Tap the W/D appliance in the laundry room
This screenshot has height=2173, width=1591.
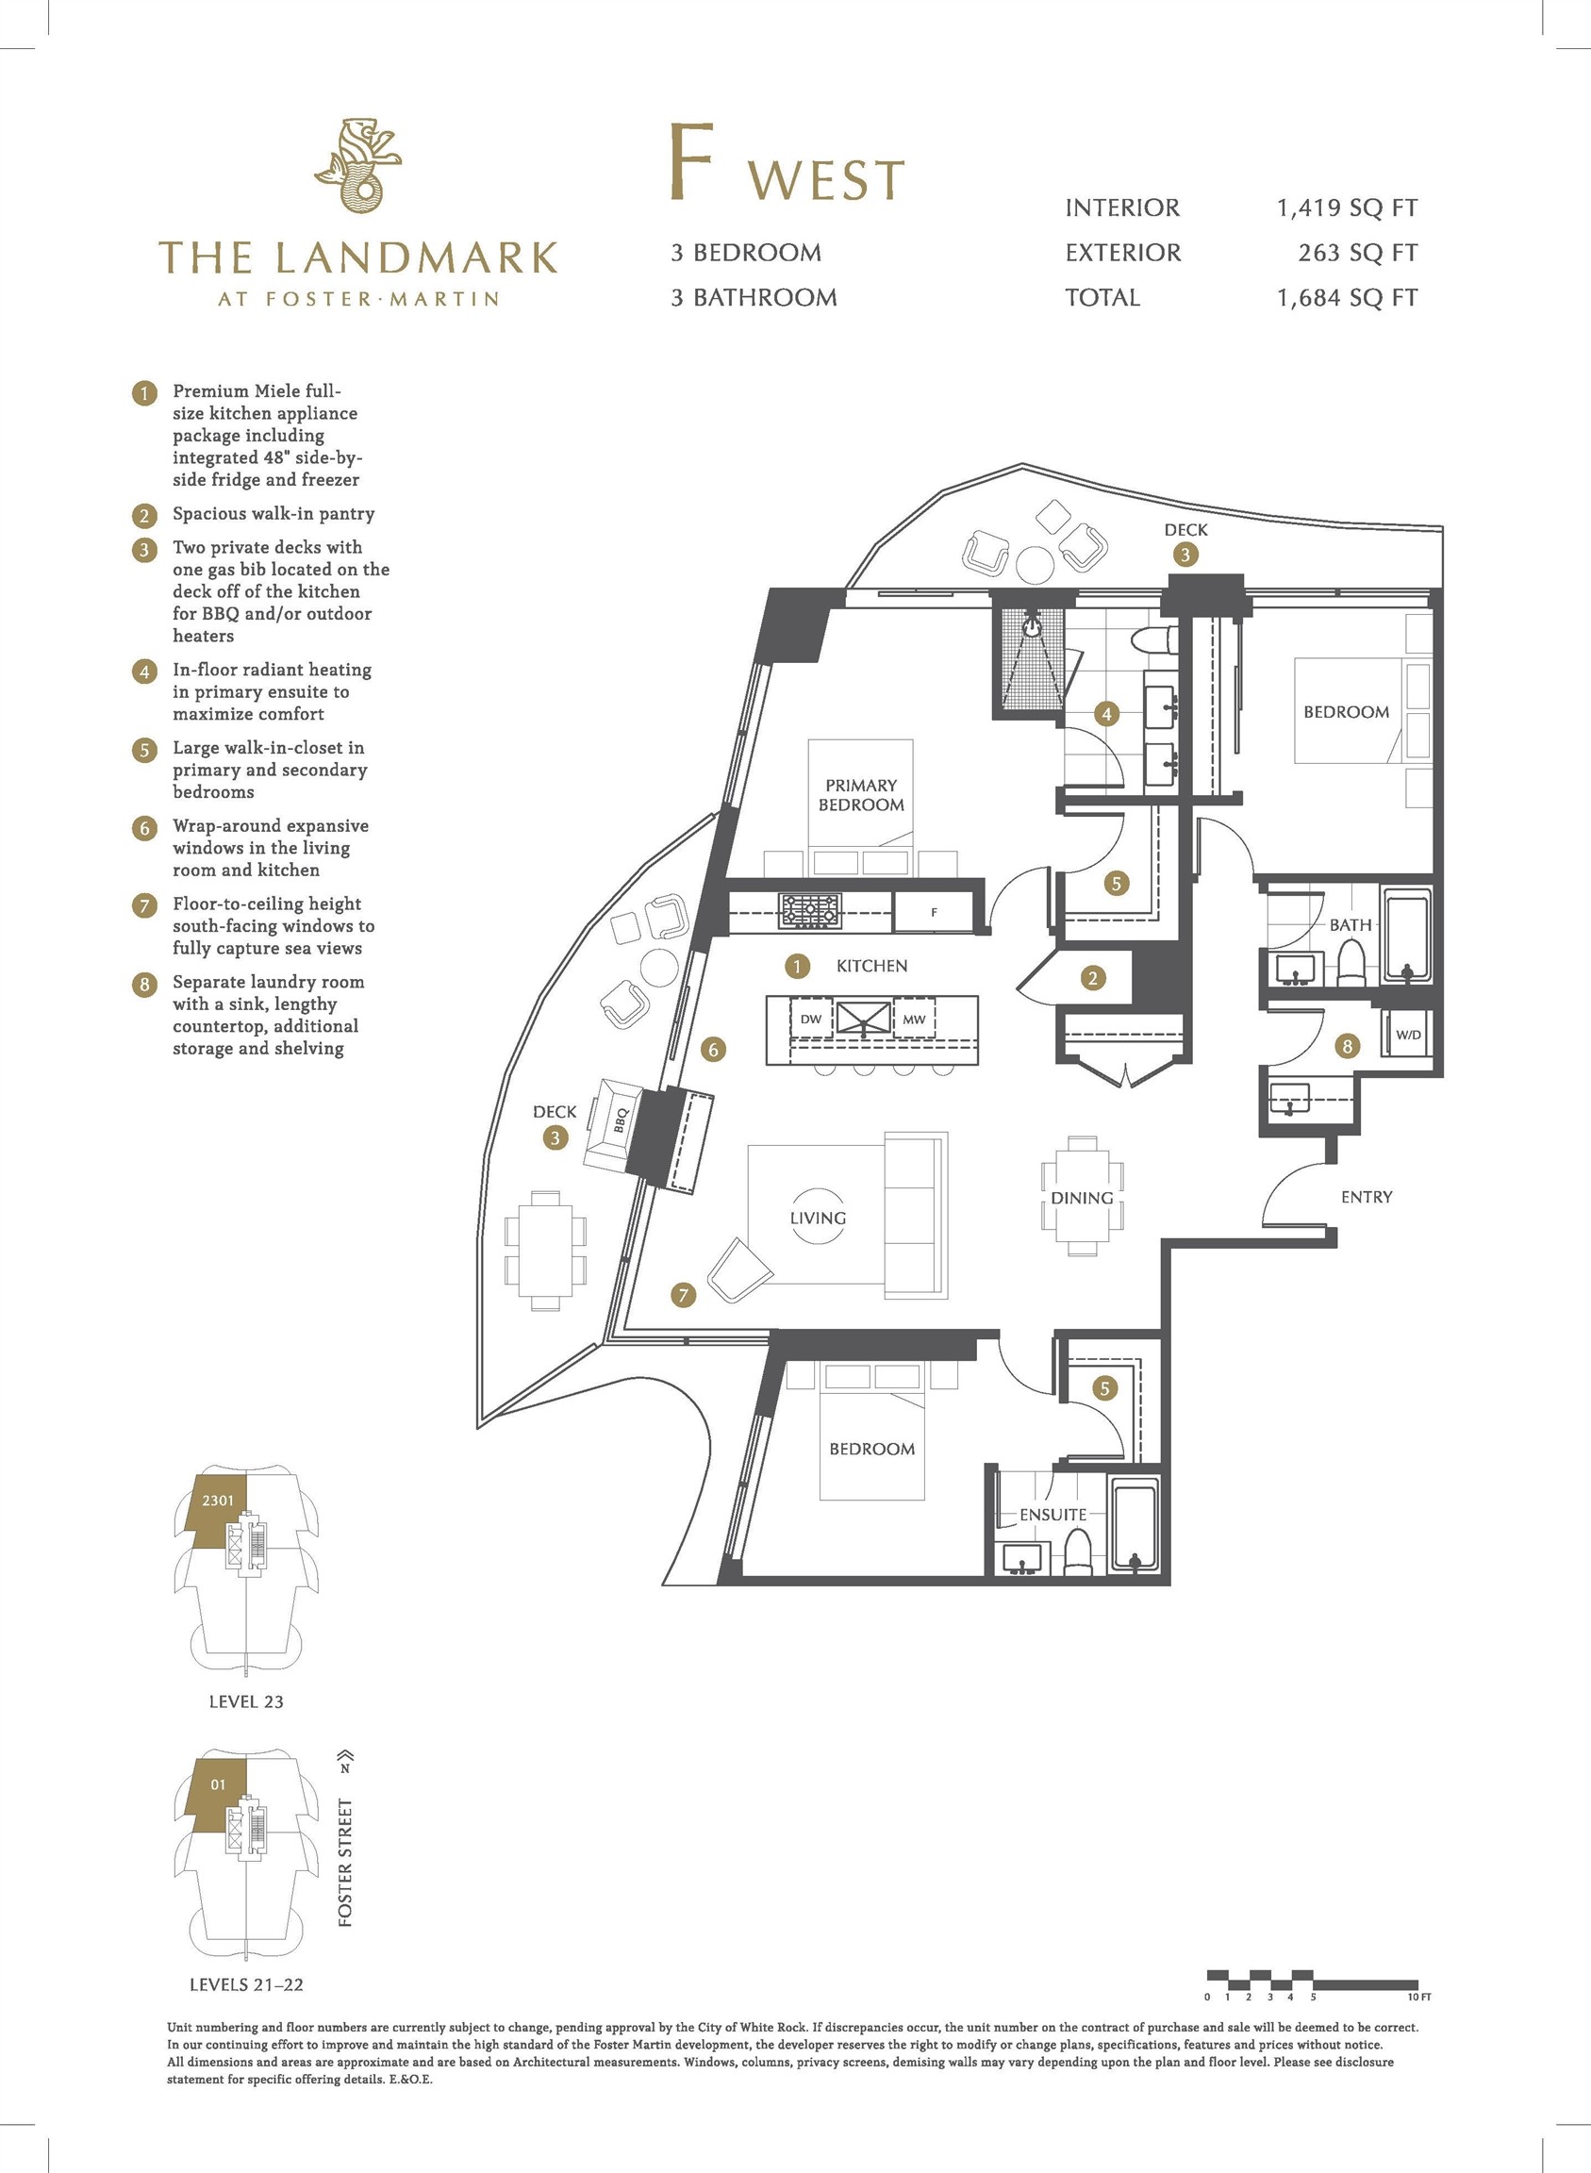[1408, 1035]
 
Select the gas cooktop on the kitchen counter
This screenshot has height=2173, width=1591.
[809, 910]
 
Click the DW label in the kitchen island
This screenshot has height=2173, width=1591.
[811, 1020]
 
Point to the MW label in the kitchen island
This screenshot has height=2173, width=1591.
[914, 1020]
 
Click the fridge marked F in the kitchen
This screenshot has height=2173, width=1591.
[934, 912]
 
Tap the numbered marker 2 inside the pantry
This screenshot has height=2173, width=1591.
[1092, 979]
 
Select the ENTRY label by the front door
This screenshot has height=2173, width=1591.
[1366, 1196]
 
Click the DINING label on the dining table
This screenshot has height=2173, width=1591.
[1082, 1197]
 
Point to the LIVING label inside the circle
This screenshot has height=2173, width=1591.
[818, 1218]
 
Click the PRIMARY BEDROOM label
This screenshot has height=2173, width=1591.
[861, 795]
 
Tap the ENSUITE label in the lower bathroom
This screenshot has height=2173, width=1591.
[1052, 1514]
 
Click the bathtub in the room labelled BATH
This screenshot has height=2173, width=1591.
[1407, 935]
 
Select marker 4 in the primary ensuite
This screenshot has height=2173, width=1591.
[1106, 714]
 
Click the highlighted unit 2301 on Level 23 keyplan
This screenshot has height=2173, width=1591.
[218, 1500]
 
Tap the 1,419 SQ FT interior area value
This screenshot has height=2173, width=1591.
[1347, 208]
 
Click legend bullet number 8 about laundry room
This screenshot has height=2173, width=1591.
[144, 984]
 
